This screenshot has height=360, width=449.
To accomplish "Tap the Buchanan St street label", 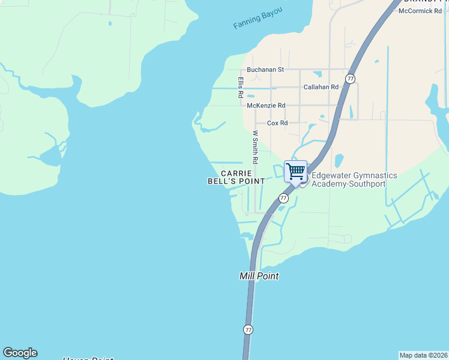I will click(265, 70).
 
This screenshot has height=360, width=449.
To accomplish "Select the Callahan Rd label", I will click(321, 87).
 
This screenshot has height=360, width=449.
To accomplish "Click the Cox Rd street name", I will click(277, 123).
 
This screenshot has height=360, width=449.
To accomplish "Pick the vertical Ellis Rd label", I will click(240, 88).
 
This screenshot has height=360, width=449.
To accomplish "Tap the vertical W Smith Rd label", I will click(255, 148).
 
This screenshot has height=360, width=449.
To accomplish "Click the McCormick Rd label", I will click(420, 11).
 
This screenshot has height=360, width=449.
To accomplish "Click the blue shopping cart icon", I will click(295, 171).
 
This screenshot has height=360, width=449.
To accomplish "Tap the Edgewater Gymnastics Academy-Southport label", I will click(354, 179).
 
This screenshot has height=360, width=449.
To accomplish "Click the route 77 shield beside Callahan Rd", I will click(351, 79).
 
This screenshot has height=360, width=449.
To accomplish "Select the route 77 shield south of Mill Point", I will click(249, 329).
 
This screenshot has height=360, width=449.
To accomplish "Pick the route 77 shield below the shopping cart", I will click(283, 197).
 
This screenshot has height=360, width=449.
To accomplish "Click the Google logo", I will click(20, 353).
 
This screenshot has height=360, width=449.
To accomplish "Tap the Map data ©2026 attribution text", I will click(423, 355).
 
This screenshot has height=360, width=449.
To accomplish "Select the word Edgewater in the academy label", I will click(332, 175).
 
